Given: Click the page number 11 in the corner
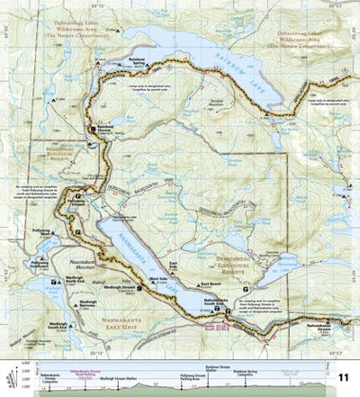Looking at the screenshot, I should (x=344, y=377).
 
